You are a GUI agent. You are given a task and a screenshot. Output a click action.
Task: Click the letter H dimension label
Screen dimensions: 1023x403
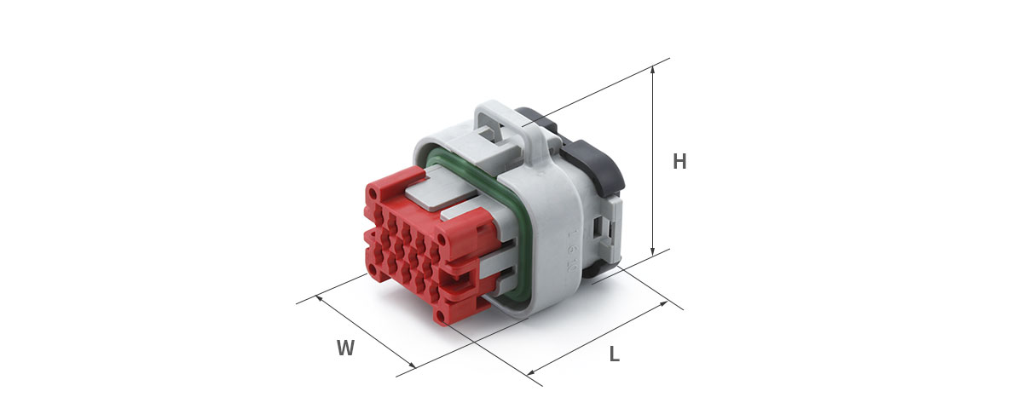coord(679,162)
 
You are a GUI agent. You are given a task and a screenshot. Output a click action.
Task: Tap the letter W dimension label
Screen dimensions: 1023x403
coord(346,348)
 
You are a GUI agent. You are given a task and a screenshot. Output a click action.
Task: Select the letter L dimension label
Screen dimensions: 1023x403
coord(615,354)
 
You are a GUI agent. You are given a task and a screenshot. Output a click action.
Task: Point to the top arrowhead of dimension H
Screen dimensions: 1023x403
coord(653,69)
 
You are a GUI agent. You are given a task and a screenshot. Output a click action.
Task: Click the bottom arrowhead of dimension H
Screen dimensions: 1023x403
coord(653,251)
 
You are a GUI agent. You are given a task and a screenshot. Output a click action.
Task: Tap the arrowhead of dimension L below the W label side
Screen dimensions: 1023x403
coord(531,372)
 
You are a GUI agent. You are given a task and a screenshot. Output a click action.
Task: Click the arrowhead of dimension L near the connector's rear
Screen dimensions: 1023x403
coord(663,304)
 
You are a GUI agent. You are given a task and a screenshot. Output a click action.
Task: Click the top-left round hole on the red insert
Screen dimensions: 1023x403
coord(373,195)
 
